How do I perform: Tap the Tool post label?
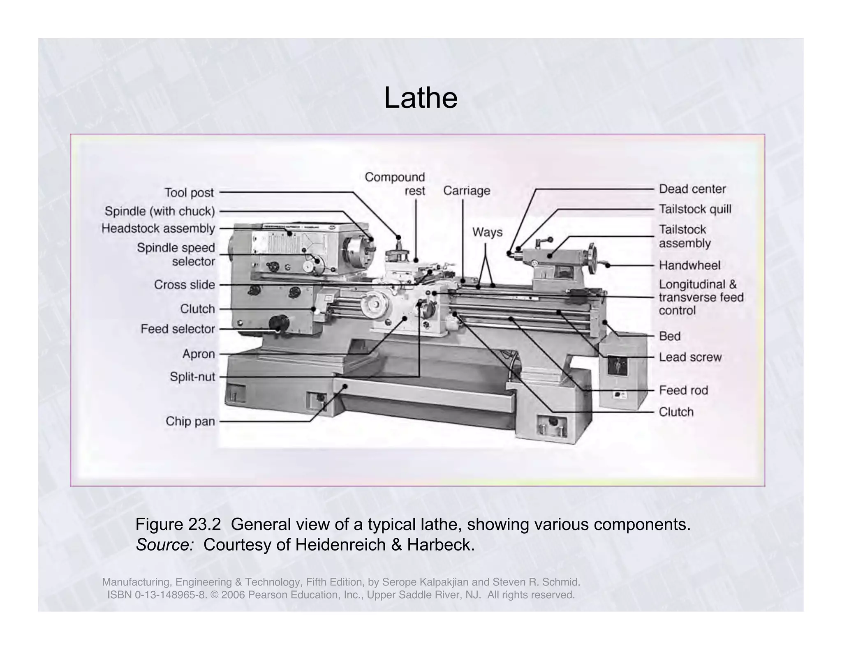(189, 192)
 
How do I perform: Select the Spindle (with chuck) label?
(160, 211)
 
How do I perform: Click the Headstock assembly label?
(158, 228)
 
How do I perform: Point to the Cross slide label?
(184, 285)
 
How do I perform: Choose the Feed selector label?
(178, 329)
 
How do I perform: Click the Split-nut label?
(192, 377)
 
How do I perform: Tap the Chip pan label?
(190, 421)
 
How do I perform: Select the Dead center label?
(692, 189)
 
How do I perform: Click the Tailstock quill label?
(695, 209)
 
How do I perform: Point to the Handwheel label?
(689, 265)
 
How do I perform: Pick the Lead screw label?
(690, 357)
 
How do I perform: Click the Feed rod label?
(683, 390)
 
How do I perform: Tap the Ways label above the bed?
(487, 232)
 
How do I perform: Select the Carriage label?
(467, 191)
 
